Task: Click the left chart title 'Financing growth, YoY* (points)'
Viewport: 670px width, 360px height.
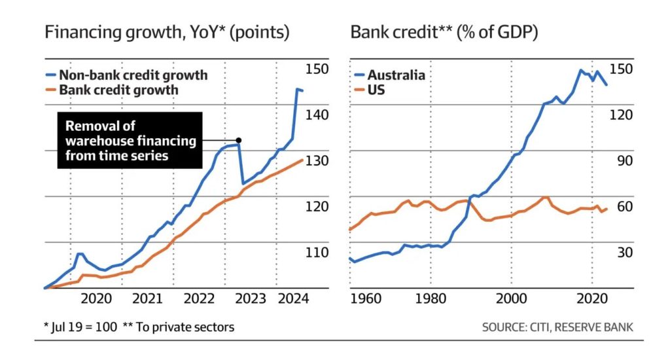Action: click(167, 32)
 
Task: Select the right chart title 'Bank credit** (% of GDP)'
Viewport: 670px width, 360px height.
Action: click(444, 32)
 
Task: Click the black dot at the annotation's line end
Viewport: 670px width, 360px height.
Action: click(239, 140)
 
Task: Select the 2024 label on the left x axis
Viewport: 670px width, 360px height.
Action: click(293, 299)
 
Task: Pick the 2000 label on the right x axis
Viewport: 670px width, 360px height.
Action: click(511, 299)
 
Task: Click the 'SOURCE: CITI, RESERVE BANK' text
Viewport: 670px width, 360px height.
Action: click(557, 327)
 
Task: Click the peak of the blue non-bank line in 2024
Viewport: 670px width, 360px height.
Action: click(296, 89)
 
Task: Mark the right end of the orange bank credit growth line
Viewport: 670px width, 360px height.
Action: click(302, 160)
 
